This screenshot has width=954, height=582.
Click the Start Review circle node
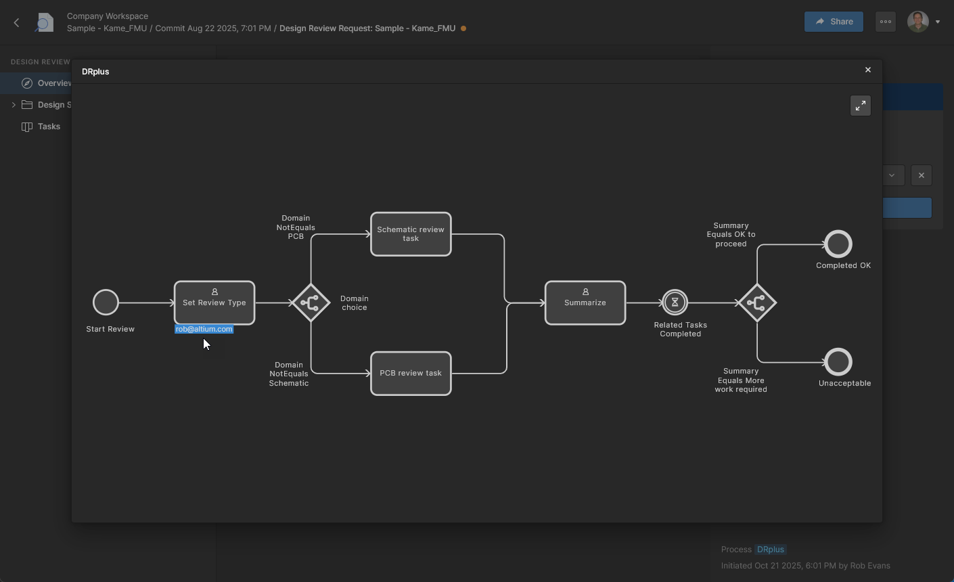pyautogui.click(x=106, y=303)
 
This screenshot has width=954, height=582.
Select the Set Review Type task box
pyautogui.click(x=214, y=303)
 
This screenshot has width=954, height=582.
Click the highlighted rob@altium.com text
pyautogui.click(x=204, y=330)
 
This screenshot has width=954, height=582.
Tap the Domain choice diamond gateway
pyautogui.click(x=311, y=303)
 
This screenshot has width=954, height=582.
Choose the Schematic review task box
pyautogui.click(x=411, y=234)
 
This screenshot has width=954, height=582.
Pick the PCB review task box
pyautogui.click(x=411, y=374)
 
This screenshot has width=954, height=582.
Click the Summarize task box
pyautogui.click(x=585, y=303)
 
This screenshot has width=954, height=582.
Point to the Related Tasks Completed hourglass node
pyautogui.click(x=675, y=303)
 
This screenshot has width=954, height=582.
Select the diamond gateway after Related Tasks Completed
pyautogui.click(x=756, y=303)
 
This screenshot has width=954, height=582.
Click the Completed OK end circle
pyautogui.click(x=838, y=244)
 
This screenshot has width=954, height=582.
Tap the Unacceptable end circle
pyautogui.click(x=838, y=362)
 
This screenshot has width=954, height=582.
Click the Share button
pyautogui.click(x=834, y=22)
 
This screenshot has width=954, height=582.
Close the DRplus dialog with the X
pyautogui.click(x=868, y=70)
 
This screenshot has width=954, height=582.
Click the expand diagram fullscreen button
pyautogui.click(x=861, y=106)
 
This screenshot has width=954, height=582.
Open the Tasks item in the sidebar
pyautogui.click(x=49, y=127)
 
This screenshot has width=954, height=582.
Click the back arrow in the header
pyautogui.click(x=17, y=22)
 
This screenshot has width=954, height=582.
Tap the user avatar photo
pyautogui.click(x=917, y=22)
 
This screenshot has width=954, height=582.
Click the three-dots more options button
pyautogui.click(x=886, y=22)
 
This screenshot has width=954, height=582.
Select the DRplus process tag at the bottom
pyautogui.click(x=771, y=550)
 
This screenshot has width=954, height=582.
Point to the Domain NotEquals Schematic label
pyautogui.click(x=289, y=374)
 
